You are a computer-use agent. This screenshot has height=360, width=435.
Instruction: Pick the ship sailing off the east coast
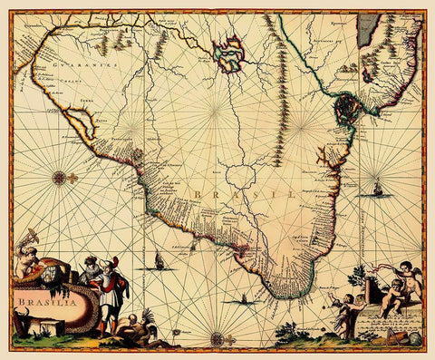tap(377, 190)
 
